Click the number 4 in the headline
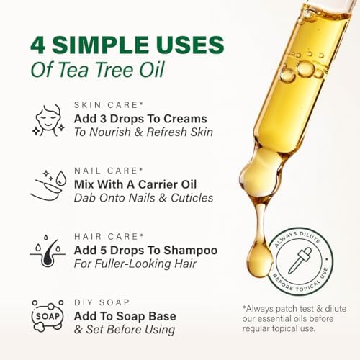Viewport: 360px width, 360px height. click(x=39, y=44)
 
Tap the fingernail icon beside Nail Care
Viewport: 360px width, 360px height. click(x=48, y=186)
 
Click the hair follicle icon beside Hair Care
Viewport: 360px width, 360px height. click(x=48, y=252)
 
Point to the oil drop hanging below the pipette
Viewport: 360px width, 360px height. click(x=260, y=256)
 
